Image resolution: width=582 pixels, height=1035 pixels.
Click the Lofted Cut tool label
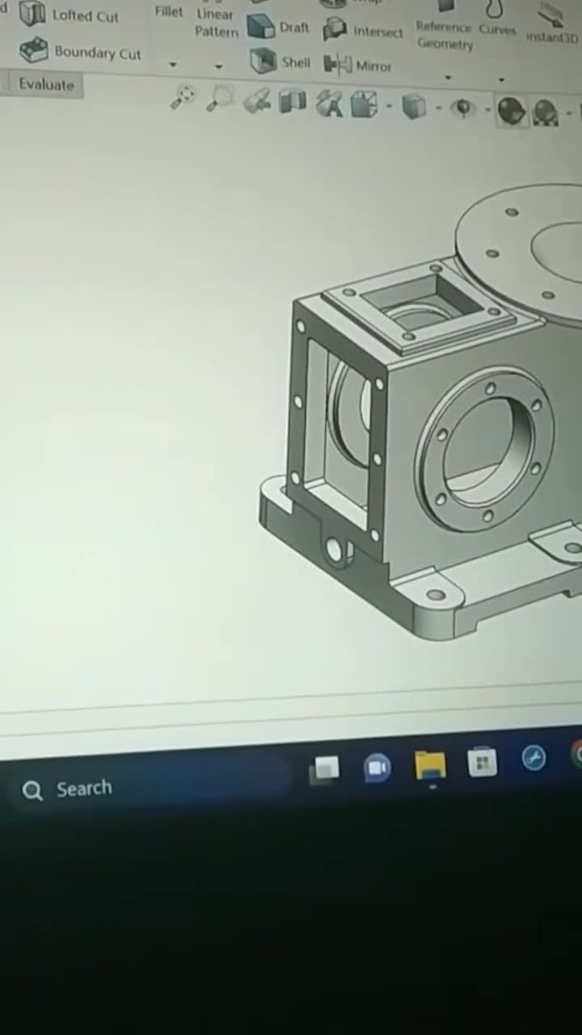pos(85,16)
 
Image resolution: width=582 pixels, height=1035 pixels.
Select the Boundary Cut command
pos(97,53)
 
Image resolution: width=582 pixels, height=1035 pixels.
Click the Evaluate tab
pos(46,85)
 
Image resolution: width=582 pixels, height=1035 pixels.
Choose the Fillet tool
pos(169,12)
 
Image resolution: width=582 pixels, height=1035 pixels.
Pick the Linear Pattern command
pos(215,23)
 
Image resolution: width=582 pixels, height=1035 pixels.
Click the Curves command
pos(496,30)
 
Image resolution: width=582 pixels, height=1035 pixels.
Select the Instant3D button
pos(552,38)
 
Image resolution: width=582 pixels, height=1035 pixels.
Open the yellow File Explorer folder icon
pos(431,764)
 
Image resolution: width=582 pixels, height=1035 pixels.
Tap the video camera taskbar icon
pos(377,768)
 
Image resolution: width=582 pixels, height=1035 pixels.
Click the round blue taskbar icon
pos(534,758)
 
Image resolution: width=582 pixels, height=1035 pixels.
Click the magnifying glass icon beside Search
pos(33,791)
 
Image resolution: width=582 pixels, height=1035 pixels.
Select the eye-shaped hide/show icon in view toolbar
pos(463,108)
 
